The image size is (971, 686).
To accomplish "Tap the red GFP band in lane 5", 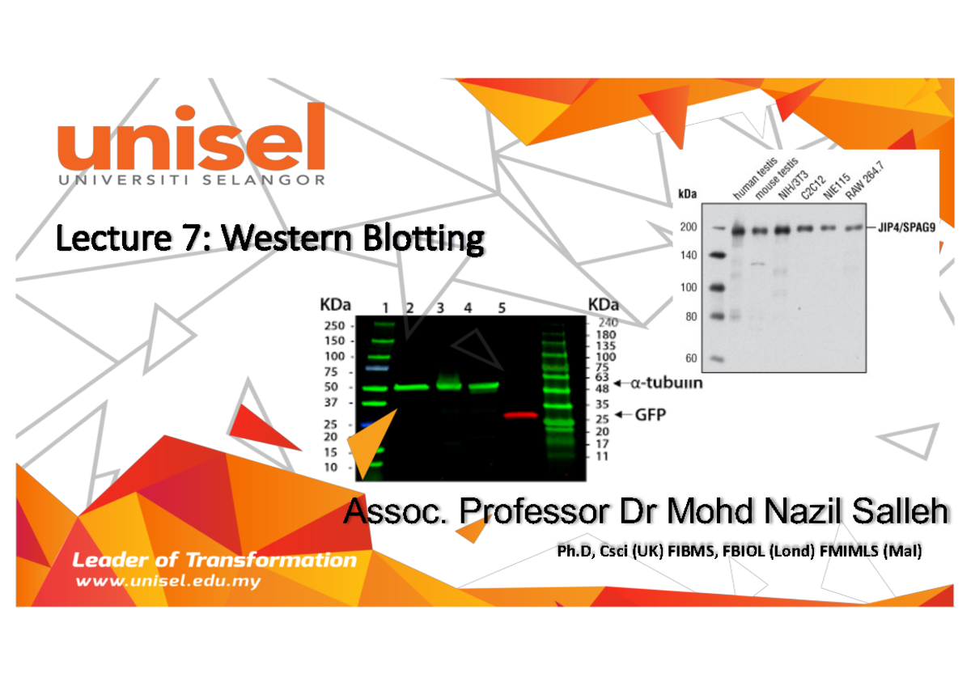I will click(x=521, y=415).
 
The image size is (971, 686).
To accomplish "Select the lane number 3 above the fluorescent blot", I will click(x=440, y=307).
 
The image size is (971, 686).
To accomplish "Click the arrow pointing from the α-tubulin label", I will click(x=620, y=383).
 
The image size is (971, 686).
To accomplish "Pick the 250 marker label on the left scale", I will click(x=333, y=325).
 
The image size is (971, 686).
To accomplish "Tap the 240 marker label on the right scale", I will click(x=606, y=322).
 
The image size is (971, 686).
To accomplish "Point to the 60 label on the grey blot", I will click(x=691, y=358).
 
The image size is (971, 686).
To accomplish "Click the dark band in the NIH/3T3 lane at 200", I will click(x=782, y=230).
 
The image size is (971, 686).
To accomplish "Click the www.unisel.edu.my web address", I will click(x=168, y=582).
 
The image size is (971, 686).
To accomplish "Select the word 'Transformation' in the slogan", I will click(x=271, y=560).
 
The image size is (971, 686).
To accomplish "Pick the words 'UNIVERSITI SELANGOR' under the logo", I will click(x=191, y=180).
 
